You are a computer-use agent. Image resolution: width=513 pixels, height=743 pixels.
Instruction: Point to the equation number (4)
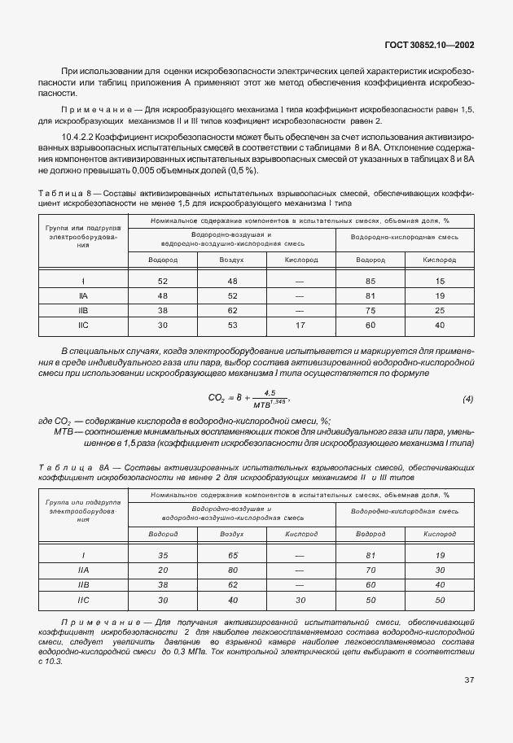click(x=467, y=399)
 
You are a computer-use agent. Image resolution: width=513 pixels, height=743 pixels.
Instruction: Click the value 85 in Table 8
click(x=370, y=280)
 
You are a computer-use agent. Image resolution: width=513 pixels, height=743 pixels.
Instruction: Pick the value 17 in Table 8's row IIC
click(x=299, y=326)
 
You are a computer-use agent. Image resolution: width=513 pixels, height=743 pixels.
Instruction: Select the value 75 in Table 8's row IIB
click(x=370, y=311)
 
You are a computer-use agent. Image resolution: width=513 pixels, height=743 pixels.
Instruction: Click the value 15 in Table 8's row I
click(x=440, y=280)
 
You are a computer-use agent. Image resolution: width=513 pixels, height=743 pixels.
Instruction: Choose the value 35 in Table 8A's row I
click(x=163, y=555)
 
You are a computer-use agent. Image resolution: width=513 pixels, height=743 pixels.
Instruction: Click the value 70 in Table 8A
click(x=370, y=570)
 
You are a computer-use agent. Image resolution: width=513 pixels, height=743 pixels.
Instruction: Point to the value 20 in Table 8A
click(x=163, y=570)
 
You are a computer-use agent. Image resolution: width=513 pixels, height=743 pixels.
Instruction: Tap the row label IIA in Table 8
click(x=82, y=295)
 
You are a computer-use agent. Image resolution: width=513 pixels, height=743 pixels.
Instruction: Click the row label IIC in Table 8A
click(x=82, y=601)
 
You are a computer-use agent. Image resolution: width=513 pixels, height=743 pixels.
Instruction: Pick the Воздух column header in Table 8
click(x=231, y=260)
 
